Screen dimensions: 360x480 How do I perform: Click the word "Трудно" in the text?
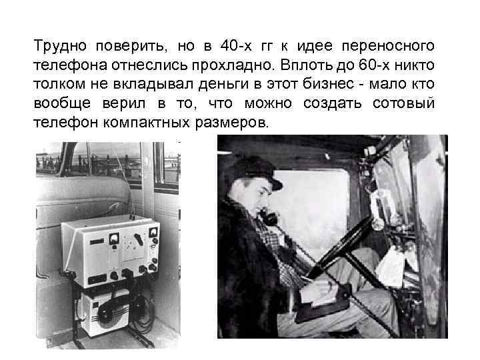click(58, 47)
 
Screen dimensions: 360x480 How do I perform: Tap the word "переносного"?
click(388, 47)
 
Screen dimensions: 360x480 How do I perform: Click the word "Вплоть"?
click(311, 66)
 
